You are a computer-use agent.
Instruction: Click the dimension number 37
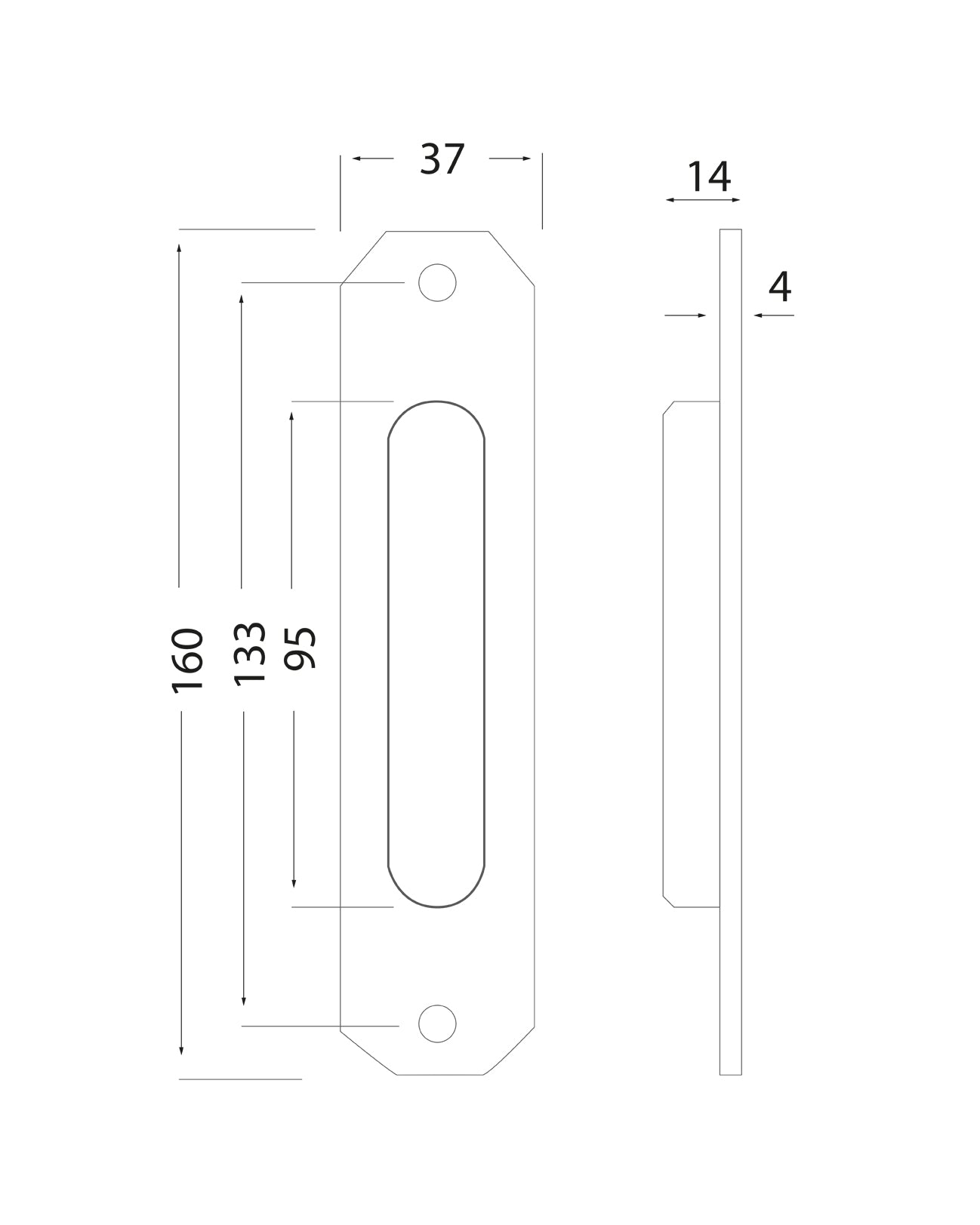(442, 160)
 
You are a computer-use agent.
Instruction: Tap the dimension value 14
(708, 177)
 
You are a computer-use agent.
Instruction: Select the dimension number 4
(779, 287)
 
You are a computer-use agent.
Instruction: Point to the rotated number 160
(187, 660)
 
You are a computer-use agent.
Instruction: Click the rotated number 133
(250, 654)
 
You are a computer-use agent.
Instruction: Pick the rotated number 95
(300, 648)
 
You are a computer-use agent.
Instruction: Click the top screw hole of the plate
(437, 282)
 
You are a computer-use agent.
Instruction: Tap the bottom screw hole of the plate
(437, 1024)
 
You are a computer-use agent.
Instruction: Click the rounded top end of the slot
(436, 411)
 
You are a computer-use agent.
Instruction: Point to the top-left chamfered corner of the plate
(363, 257)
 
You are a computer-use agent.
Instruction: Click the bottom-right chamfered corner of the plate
(510, 1051)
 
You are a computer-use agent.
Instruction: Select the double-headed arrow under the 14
(703, 200)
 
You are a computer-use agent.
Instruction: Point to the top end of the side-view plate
(730, 231)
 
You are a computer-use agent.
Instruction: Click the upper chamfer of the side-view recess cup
(667, 408)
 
